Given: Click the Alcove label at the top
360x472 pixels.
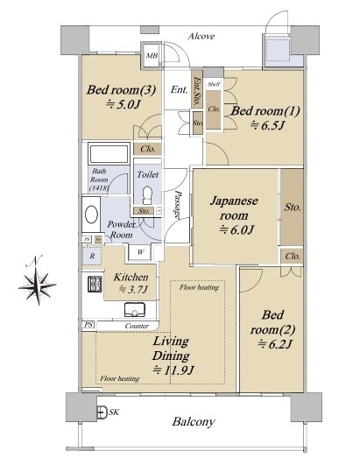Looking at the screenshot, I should (201, 36).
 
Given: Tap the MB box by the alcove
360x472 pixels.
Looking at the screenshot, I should (152, 57).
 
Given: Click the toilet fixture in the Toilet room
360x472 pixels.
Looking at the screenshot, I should (146, 193).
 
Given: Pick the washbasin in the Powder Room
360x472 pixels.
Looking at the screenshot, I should (91, 215).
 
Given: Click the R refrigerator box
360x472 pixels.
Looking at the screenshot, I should (92, 256).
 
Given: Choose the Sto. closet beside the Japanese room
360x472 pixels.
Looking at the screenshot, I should (293, 208).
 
